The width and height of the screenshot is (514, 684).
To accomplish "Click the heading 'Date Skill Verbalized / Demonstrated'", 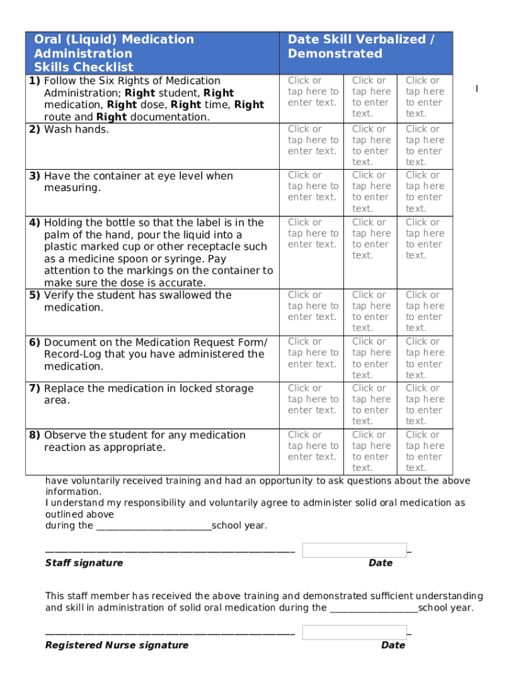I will pyautogui.click(x=360, y=47).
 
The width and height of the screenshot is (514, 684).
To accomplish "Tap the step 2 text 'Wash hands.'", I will pyautogui.click(x=76, y=129).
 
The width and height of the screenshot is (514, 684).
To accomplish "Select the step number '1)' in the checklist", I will pyautogui.click(x=34, y=81).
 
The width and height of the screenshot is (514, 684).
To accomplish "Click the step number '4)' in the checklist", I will pyautogui.click(x=34, y=222).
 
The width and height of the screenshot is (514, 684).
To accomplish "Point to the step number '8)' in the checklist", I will pyautogui.click(x=34, y=435).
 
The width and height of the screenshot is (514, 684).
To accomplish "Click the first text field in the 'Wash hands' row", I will pyautogui.click(x=312, y=140).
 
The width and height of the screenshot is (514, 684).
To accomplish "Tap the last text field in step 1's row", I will pyautogui.click(x=425, y=97).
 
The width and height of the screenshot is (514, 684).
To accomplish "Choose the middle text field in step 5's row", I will pyautogui.click(x=371, y=311).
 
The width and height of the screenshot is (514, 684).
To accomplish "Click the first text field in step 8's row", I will pyautogui.click(x=312, y=446).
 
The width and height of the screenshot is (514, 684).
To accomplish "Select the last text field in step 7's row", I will pyautogui.click(x=425, y=404).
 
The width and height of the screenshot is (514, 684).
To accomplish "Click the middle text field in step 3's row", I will pyautogui.click(x=371, y=191).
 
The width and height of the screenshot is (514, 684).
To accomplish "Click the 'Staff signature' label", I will pyautogui.click(x=84, y=562).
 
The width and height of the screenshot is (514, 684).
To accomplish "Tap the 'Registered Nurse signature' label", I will pyautogui.click(x=117, y=645).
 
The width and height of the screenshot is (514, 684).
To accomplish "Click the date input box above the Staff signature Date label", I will pyautogui.click(x=354, y=550).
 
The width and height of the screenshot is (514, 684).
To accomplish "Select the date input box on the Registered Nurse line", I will pyautogui.click(x=354, y=633).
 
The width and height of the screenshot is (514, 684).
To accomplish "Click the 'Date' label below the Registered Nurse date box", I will pyautogui.click(x=393, y=645).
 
